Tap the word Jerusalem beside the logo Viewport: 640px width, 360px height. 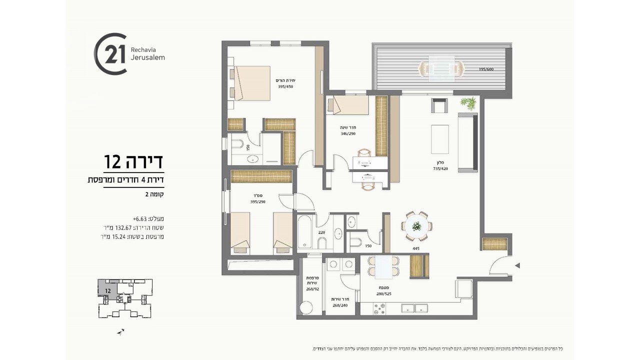[147, 57]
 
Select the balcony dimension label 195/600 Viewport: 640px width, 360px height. [486, 69]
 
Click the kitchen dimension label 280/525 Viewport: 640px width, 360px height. [383, 293]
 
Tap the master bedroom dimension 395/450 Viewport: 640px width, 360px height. [285, 86]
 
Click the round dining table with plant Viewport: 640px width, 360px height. [416, 226]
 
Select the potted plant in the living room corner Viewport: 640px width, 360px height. [468, 103]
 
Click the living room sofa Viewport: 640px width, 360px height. [468, 142]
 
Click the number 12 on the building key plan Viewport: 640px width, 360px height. [107, 289]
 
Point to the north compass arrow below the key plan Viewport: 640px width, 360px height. [120, 331]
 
